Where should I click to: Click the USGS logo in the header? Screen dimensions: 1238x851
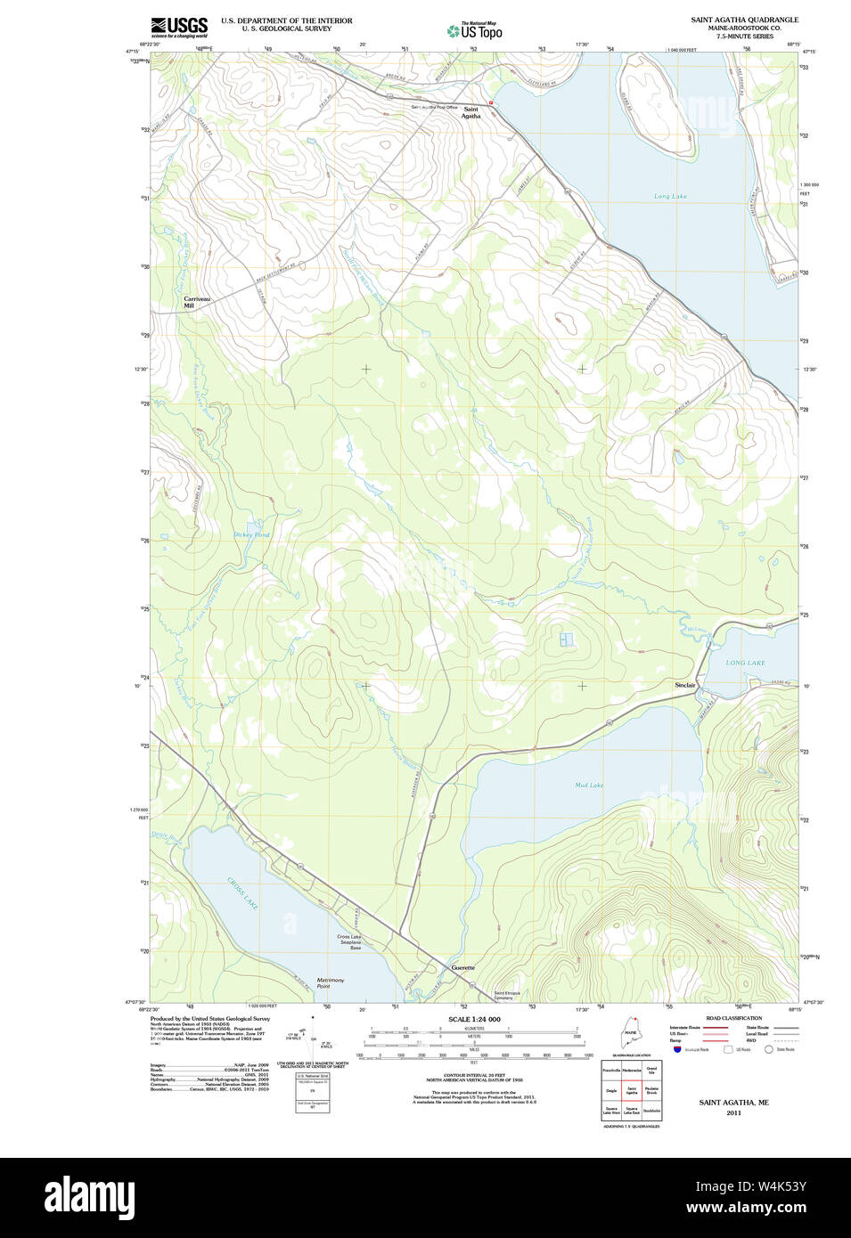coord(179,27)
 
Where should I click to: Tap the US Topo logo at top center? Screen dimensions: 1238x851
coord(474,30)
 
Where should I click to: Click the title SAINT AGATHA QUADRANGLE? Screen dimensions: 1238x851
coord(744,20)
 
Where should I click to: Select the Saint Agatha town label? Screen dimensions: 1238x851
coord(471,112)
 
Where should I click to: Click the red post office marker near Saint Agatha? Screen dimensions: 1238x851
coord(490,102)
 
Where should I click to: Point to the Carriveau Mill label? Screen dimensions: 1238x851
coord(197,302)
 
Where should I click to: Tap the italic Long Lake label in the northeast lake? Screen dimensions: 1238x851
coord(670,196)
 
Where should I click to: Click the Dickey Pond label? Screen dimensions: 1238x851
coord(251,534)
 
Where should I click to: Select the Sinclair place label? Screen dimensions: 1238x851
coord(684,685)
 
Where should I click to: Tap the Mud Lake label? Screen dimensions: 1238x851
coord(589,785)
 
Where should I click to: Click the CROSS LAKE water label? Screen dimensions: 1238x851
coord(242,893)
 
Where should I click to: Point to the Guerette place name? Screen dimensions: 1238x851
coord(462,967)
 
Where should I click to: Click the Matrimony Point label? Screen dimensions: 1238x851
coord(331,983)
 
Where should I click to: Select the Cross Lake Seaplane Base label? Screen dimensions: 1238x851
coord(349,941)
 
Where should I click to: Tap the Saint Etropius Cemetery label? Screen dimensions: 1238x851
coord(508,995)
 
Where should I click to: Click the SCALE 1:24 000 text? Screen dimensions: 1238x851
coord(474,1019)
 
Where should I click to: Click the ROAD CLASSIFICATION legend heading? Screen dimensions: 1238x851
coord(733,1018)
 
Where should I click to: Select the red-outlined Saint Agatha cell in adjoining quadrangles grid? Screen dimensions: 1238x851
coord(631,1090)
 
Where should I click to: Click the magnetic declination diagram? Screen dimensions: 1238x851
coord(312,1038)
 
